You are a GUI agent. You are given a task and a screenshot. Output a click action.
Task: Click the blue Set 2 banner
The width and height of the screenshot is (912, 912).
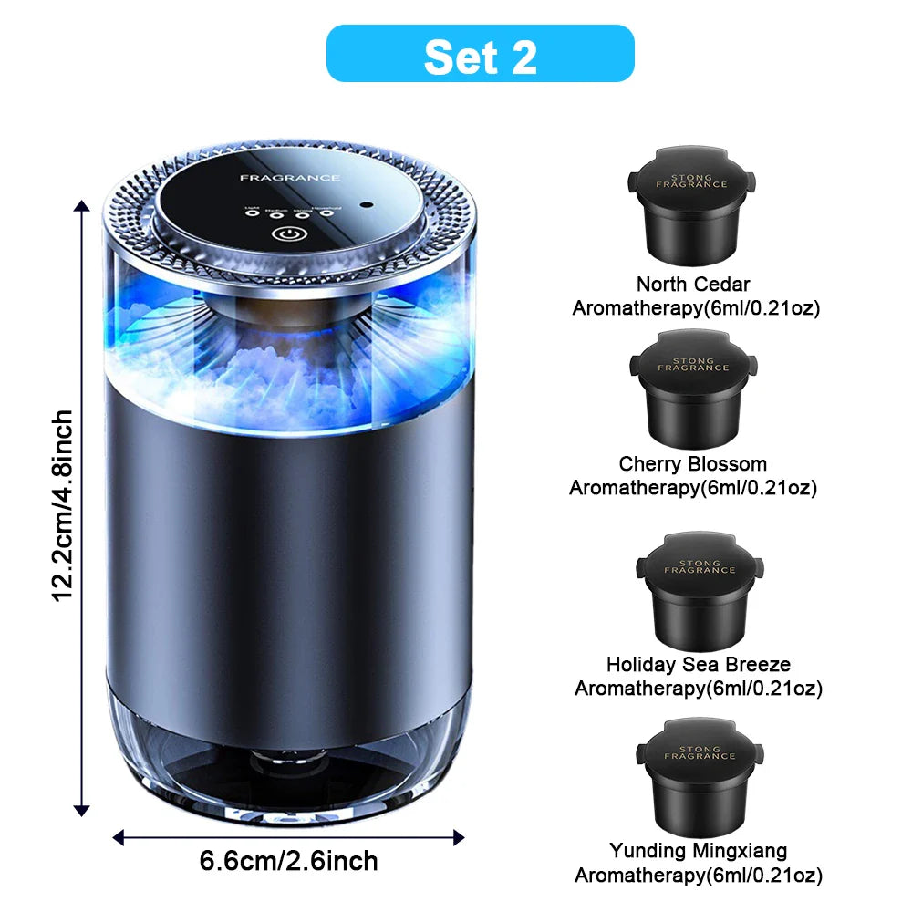[x=480, y=54]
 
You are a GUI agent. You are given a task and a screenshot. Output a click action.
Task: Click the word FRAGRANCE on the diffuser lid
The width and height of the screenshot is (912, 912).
[x=290, y=178]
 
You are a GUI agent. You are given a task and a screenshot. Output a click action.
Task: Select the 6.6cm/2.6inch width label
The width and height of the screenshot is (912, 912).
[x=288, y=860]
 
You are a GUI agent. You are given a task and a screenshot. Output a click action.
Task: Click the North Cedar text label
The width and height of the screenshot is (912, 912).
[x=693, y=285]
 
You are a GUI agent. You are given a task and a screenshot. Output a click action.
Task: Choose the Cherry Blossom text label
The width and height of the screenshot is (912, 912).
[x=693, y=464]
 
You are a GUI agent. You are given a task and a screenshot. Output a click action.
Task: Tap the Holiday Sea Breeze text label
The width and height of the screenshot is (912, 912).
[x=699, y=665]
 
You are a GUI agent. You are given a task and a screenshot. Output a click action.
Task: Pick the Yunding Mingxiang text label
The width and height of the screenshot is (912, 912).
[x=699, y=851]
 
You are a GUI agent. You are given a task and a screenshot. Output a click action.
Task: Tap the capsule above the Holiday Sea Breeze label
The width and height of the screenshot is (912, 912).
[x=699, y=588]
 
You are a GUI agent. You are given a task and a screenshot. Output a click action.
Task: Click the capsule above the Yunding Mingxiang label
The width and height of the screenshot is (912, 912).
[x=699, y=773]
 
